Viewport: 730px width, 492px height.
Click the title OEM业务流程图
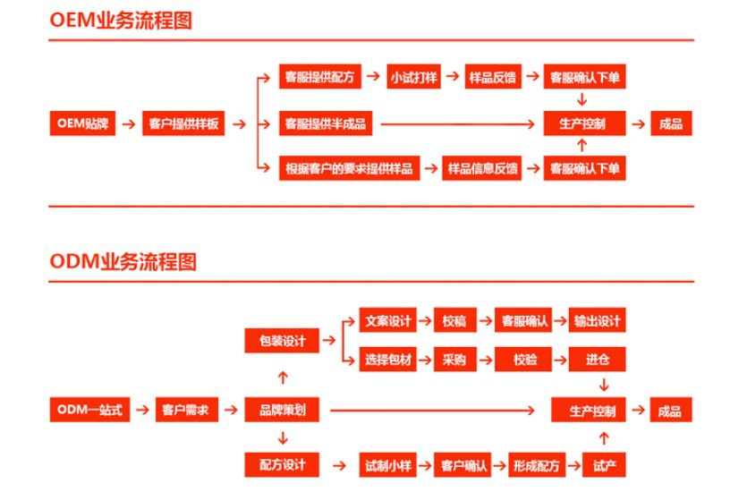(121, 21)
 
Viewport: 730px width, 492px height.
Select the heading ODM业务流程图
(123, 262)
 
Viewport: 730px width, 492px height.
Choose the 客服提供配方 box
(319, 78)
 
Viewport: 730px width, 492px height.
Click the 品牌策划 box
(282, 411)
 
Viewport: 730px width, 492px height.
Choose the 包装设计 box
(282, 341)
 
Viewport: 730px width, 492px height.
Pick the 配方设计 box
(282, 465)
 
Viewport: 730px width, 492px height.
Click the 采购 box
(454, 360)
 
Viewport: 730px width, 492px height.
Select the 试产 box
(604, 465)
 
